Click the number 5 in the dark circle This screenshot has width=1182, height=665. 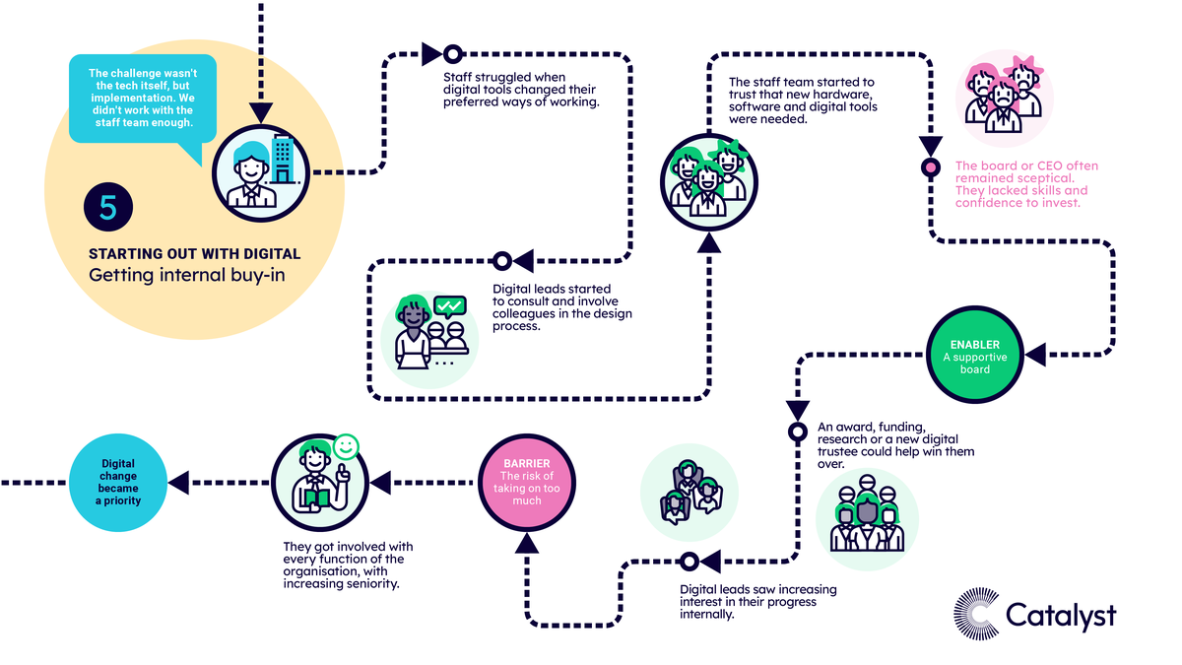(x=108, y=207)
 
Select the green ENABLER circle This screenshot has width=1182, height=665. (x=974, y=356)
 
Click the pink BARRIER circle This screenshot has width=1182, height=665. (x=527, y=483)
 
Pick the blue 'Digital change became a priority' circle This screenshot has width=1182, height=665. (x=118, y=483)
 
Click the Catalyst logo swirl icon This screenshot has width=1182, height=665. (x=976, y=614)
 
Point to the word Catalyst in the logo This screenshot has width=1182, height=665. (x=1061, y=616)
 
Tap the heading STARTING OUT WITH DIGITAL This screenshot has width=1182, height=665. (x=194, y=254)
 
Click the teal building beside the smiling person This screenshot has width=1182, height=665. (x=283, y=160)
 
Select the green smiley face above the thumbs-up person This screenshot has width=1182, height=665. (x=346, y=447)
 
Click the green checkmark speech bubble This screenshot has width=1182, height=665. (x=450, y=306)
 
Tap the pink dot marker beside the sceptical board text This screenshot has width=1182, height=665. (x=930, y=167)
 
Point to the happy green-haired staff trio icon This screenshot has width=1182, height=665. (x=708, y=182)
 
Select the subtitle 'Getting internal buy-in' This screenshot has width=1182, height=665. (x=187, y=276)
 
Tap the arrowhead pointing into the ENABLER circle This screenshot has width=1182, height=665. (x=1035, y=355)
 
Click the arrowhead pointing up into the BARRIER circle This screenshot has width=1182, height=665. (x=527, y=544)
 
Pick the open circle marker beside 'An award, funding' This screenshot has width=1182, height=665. (x=797, y=432)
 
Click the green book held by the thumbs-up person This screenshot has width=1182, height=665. (x=317, y=499)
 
